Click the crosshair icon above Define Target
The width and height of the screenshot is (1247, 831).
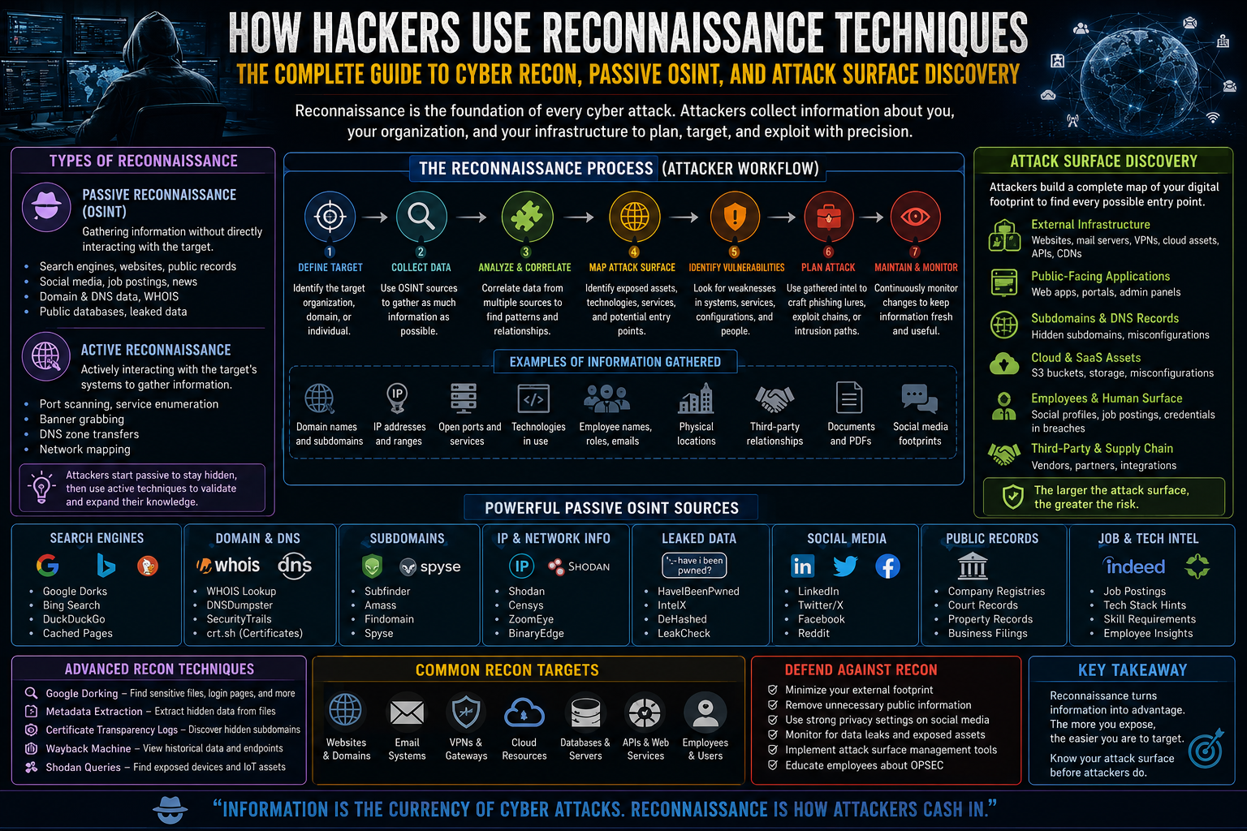tap(330, 216)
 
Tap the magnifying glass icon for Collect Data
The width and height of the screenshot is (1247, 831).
tap(421, 216)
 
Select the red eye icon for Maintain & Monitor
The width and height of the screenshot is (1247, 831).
tap(915, 216)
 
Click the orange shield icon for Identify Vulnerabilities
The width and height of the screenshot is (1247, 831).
tap(735, 216)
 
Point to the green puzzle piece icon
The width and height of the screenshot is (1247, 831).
tap(527, 216)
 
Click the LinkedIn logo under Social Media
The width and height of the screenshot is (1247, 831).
tap(802, 566)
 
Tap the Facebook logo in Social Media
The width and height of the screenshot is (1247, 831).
tap(887, 566)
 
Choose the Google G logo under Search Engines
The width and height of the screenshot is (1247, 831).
tap(48, 566)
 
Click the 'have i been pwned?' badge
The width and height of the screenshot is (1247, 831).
tap(694, 566)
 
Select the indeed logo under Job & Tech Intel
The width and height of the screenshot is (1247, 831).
tap(1135, 566)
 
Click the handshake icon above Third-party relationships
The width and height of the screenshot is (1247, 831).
tap(775, 399)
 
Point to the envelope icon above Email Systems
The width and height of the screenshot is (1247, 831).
tap(407, 713)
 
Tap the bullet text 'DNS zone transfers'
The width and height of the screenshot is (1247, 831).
tap(89, 434)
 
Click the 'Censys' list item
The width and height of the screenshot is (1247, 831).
tap(525, 605)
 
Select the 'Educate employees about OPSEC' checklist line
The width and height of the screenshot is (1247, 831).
tap(864, 765)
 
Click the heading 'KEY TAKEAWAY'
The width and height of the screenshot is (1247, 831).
tap(1133, 670)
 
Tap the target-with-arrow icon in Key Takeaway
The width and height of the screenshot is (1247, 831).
tap(1206, 748)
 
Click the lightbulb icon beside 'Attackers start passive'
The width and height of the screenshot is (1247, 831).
tap(41, 487)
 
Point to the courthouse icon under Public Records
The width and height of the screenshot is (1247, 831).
tap(972, 566)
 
